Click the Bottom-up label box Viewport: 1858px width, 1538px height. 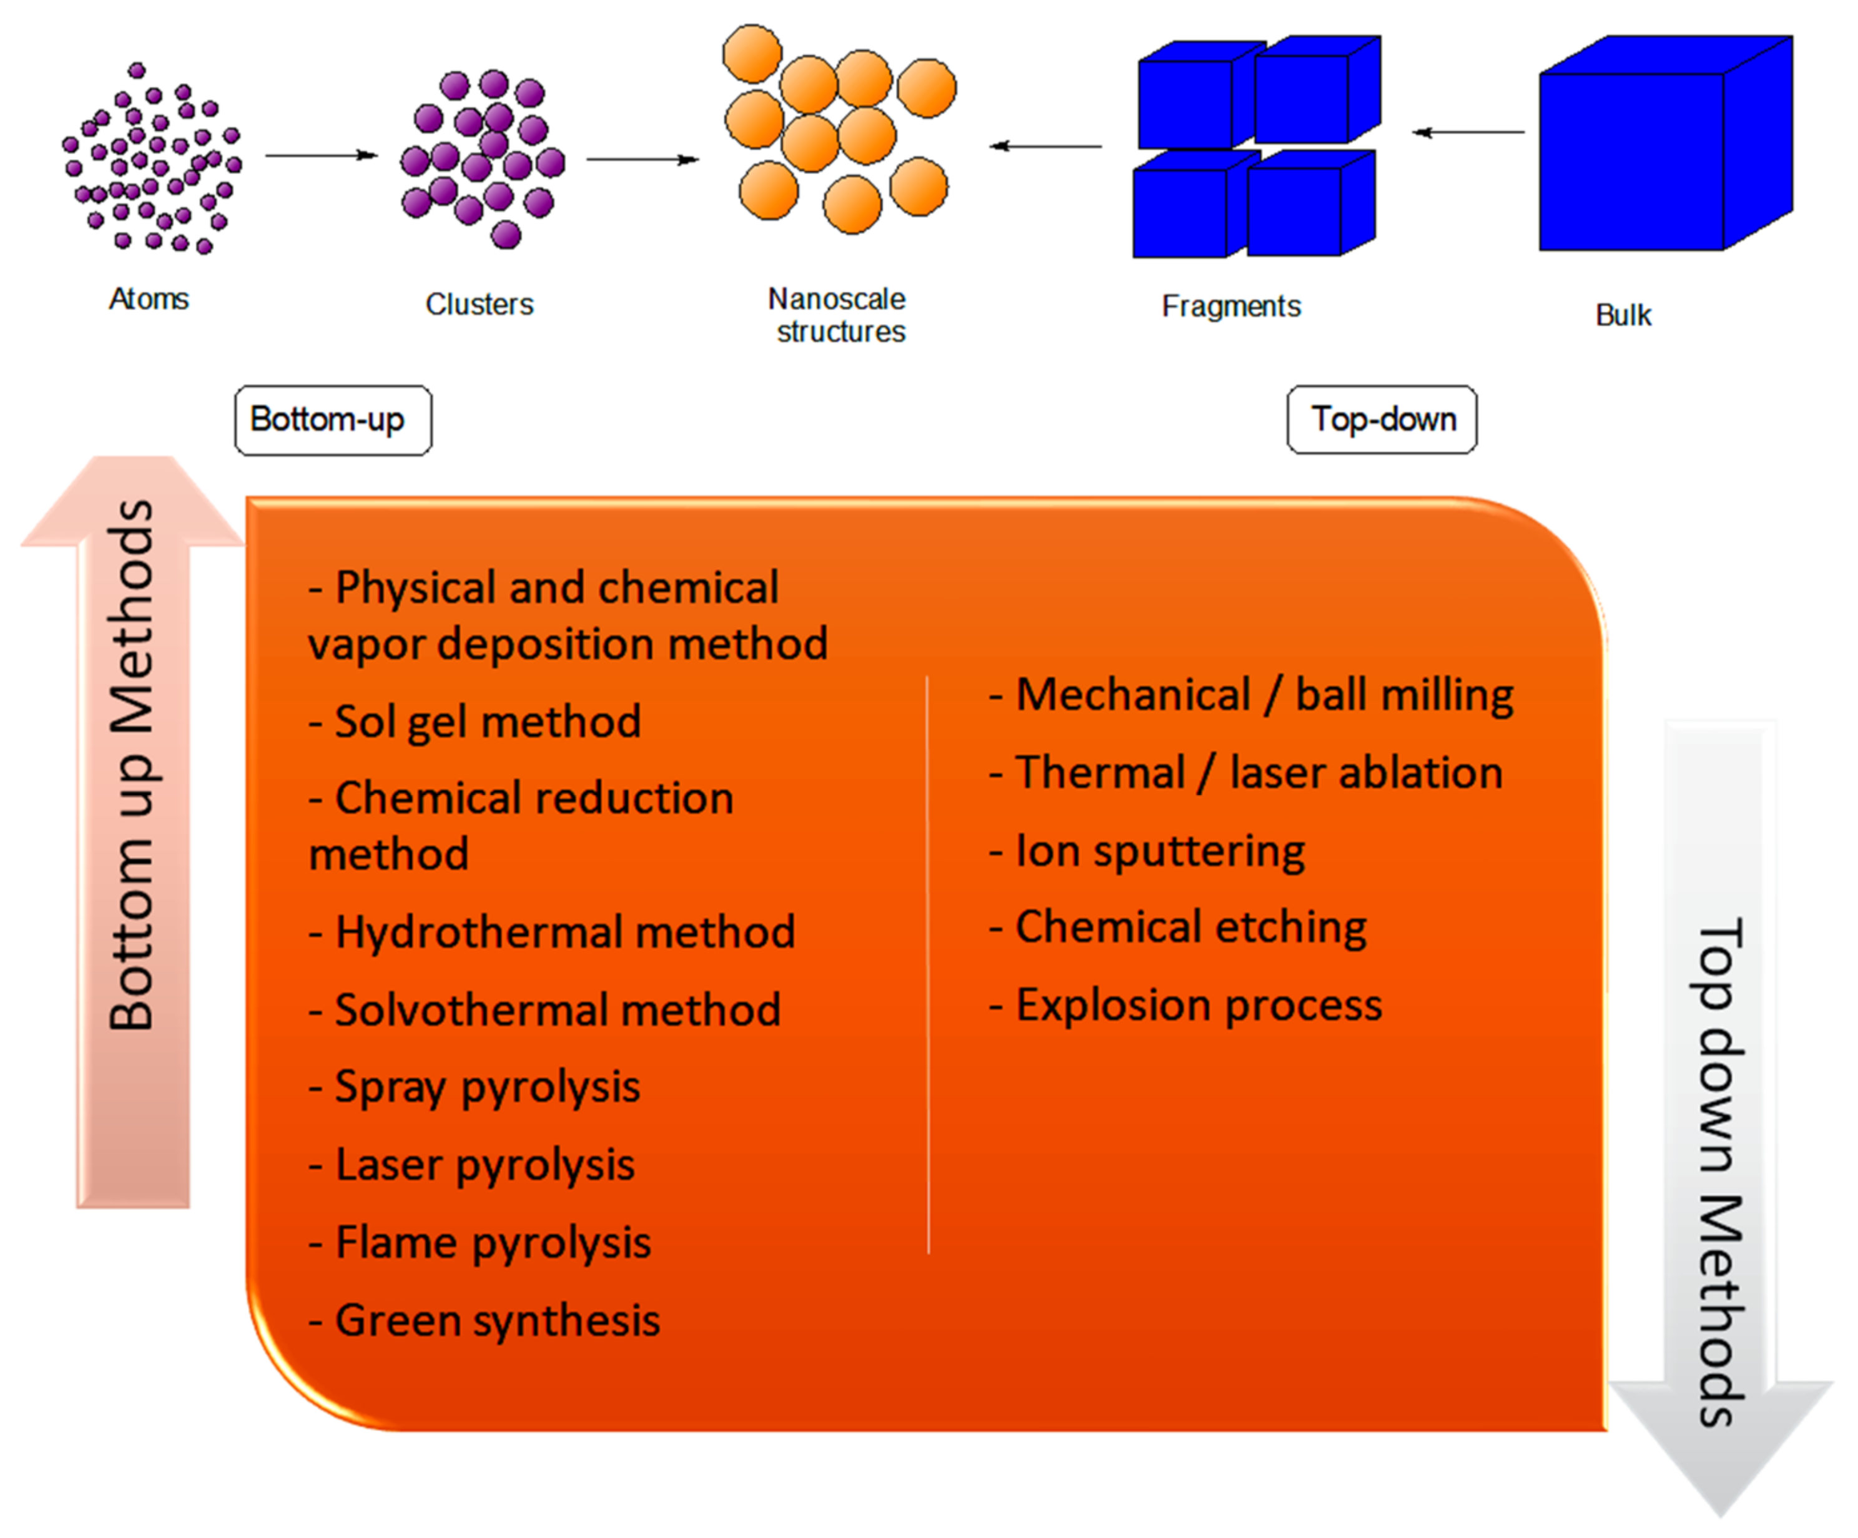(x=333, y=420)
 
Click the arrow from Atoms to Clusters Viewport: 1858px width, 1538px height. (x=321, y=155)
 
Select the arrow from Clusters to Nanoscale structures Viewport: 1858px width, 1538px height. (x=642, y=159)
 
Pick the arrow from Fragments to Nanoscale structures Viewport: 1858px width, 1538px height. (x=1045, y=146)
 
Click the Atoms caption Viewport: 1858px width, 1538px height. (x=149, y=299)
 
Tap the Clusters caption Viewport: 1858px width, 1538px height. (x=479, y=304)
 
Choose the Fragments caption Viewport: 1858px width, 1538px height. (x=1231, y=306)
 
